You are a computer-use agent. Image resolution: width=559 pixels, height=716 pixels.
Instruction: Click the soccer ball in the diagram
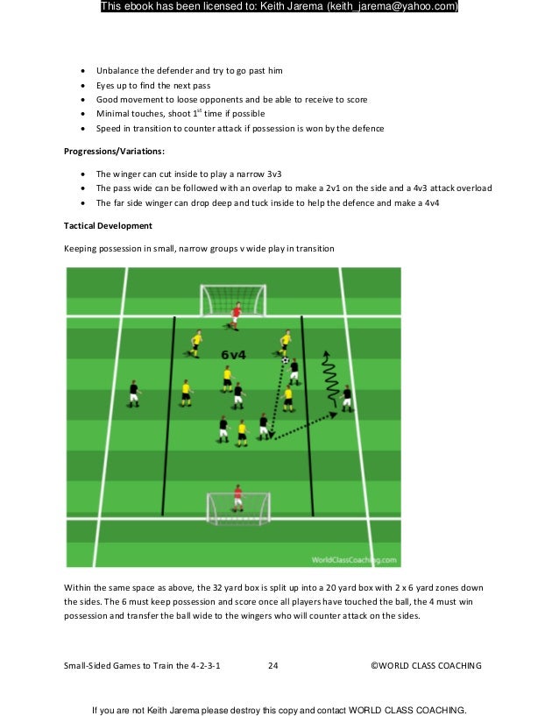click(285, 360)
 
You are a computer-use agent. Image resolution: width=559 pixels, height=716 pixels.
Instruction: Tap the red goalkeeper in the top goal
click(235, 314)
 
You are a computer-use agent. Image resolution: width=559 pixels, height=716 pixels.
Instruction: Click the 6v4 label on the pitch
click(232, 354)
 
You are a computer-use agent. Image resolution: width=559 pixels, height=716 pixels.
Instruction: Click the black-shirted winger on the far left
click(133, 393)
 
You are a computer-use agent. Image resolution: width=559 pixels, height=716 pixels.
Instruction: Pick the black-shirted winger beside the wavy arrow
click(347, 398)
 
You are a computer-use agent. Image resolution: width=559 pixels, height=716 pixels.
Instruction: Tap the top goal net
click(235, 299)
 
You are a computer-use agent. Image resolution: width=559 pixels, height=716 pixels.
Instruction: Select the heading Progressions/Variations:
click(109, 151)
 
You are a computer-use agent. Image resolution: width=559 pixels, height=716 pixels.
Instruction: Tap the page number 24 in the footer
click(272, 666)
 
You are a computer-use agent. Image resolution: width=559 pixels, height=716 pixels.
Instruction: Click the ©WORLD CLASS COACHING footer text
click(426, 666)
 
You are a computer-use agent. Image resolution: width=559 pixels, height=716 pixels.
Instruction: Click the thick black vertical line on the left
click(170, 416)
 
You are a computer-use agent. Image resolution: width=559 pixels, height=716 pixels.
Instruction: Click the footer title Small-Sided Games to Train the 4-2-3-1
click(142, 666)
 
